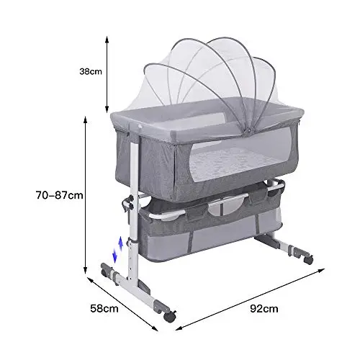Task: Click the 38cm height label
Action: pyautogui.click(x=91, y=71)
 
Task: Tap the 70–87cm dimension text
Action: pyautogui.click(x=60, y=195)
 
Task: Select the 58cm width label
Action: pyautogui.click(x=104, y=308)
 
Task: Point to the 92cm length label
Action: pyautogui.click(x=264, y=308)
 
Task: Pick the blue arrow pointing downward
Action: pyautogui.click(x=114, y=256)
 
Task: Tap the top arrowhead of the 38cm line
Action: pyautogui.click(x=107, y=39)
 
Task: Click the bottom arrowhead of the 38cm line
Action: pyautogui.click(x=107, y=109)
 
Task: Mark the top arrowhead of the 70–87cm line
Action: pyautogui.click(x=85, y=120)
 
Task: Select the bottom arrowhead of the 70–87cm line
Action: pyautogui.click(x=85, y=270)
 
